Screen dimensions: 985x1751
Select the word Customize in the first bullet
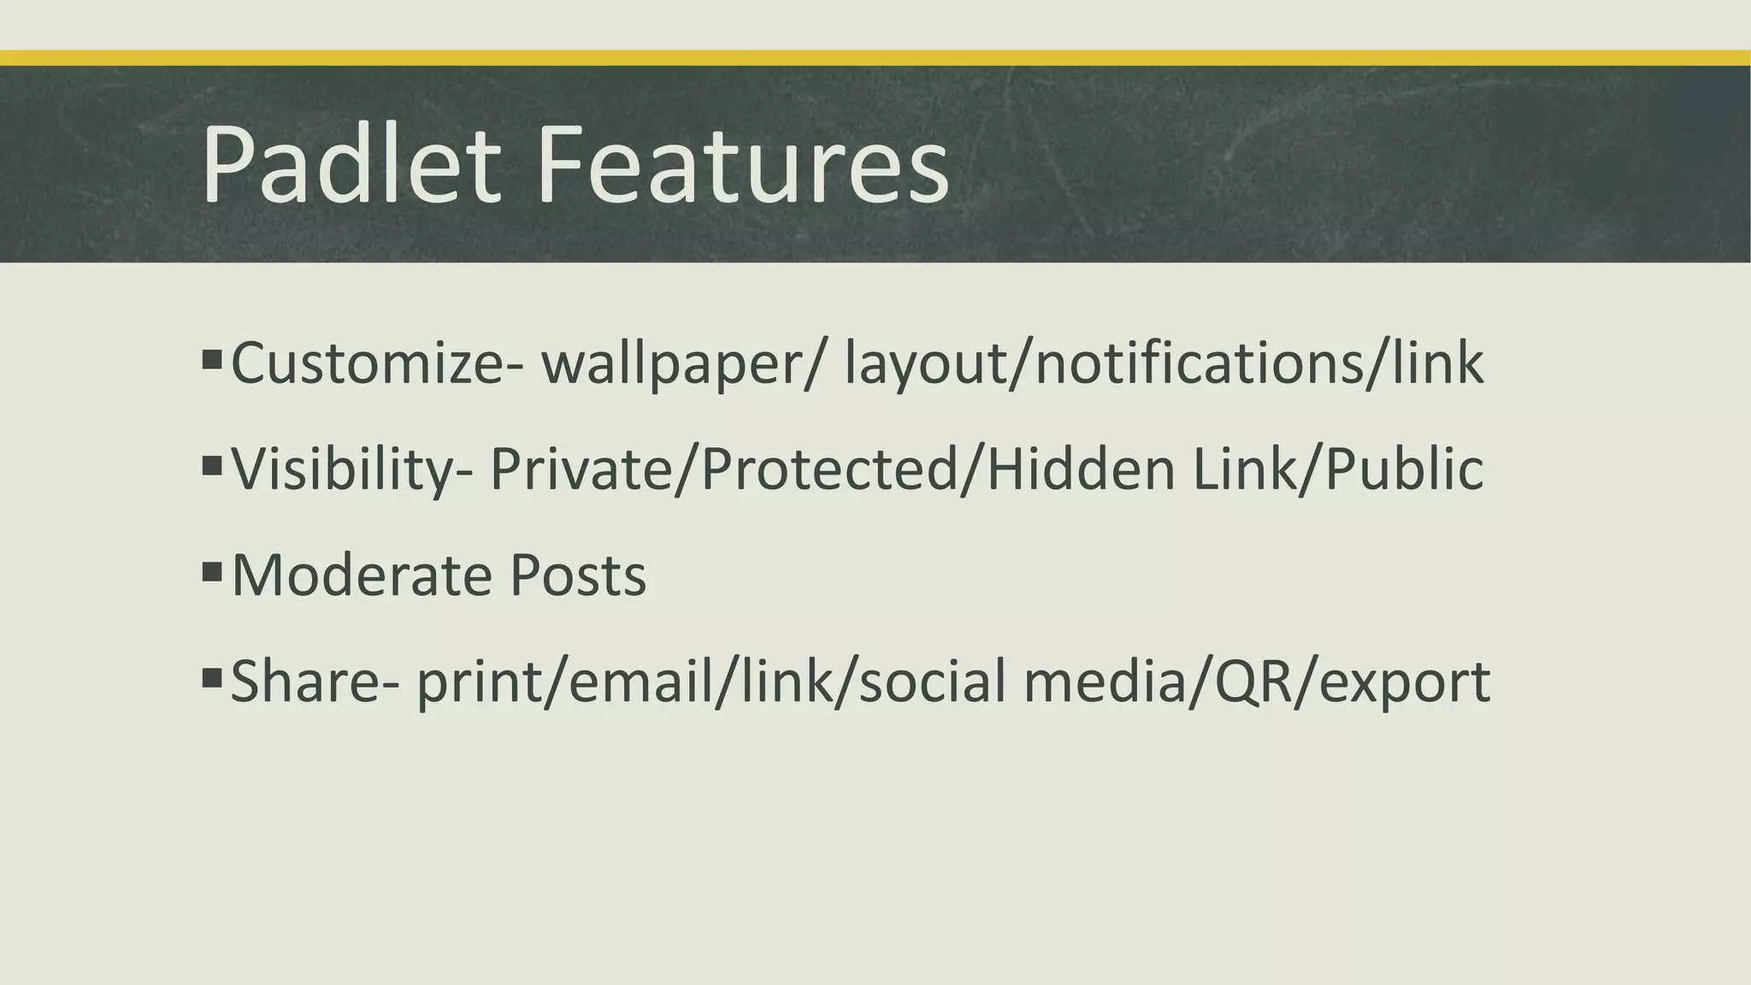(368, 363)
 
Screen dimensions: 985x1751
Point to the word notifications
(1198, 363)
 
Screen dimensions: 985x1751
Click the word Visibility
(342, 470)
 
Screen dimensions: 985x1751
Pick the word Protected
(828, 469)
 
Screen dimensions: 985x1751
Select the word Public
(1403, 469)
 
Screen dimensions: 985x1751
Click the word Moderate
(362, 575)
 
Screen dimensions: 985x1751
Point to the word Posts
(578, 575)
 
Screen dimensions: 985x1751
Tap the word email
(640, 681)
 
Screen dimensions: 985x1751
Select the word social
(933, 681)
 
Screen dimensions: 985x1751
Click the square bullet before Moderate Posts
(212, 570)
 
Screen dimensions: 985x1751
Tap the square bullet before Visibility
(212, 465)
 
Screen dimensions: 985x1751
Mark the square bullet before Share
(212, 678)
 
